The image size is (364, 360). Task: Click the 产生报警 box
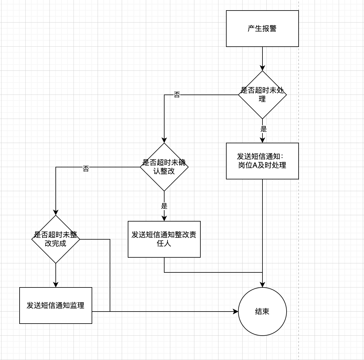[262, 29]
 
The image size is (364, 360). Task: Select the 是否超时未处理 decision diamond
[262, 95]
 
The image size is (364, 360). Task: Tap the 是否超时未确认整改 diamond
[164, 167]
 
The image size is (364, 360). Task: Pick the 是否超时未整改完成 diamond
[56, 239]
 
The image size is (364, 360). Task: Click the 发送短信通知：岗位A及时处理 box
[262, 161]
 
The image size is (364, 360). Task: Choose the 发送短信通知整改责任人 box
[164, 239]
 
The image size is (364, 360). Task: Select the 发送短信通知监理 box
[56, 306]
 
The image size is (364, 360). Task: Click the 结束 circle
[262, 312]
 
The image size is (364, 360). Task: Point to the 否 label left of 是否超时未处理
[177, 95]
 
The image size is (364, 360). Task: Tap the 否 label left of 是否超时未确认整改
[86, 169]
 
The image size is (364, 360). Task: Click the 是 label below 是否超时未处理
[264, 129]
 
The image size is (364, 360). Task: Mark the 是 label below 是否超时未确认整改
[164, 206]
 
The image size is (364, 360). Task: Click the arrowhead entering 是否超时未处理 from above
[262, 68]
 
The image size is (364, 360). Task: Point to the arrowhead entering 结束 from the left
[236, 312]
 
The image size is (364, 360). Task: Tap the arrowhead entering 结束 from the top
[262, 285]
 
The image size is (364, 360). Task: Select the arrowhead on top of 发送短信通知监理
[56, 285]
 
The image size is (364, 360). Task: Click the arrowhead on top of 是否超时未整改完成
[56, 213]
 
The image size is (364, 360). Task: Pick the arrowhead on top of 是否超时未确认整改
[164, 140]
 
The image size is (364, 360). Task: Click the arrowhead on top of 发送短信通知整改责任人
[164, 219]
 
